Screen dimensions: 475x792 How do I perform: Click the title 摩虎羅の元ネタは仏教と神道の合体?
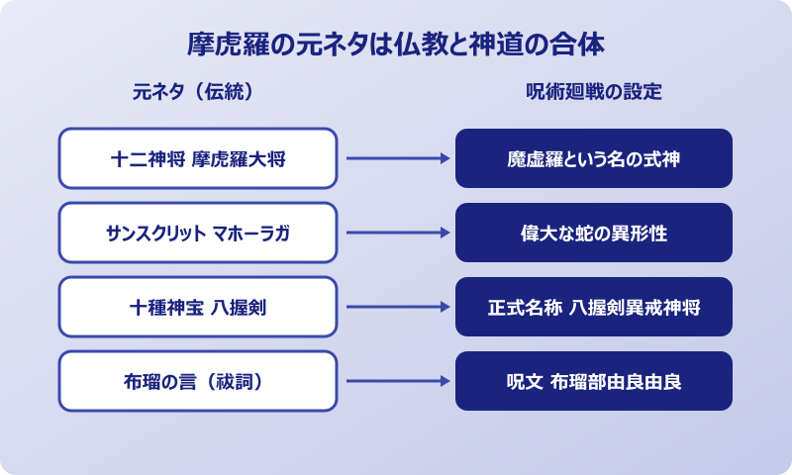pyautogui.click(x=396, y=45)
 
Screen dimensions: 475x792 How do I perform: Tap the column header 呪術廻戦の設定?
pyautogui.click(x=594, y=92)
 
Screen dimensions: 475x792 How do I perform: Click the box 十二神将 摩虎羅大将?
pyautogui.click(x=198, y=158)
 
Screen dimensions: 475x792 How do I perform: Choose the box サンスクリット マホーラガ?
pyautogui.click(x=198, y=233)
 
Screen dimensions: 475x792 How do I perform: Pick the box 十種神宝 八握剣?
pyautogui.click(x=198, y=307)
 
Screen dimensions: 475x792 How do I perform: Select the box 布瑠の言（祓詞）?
pyautogui.click(x=198, y=381)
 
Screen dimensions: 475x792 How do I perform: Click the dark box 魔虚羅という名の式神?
pyautogui.click(x=594, y=158)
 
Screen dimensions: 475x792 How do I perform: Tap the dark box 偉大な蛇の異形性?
pyautogui.click(x=594, y=233)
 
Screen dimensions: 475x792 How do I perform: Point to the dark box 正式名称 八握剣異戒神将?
pyautogui.click(x=594, y=307)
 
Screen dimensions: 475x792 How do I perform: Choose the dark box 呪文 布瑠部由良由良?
pyautogui.click(x=594, y=381)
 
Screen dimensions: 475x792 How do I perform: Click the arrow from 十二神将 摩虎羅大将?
pyautogui.click(x=396, y=158)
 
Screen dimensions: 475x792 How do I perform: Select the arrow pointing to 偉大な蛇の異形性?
pyautogui.click(x=396, y=233)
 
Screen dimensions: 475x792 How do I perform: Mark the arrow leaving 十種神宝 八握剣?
pyautogui.click(x=396, y=307)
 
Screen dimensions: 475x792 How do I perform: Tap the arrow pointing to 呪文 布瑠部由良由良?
pyautogui.click(x=396, y=381)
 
